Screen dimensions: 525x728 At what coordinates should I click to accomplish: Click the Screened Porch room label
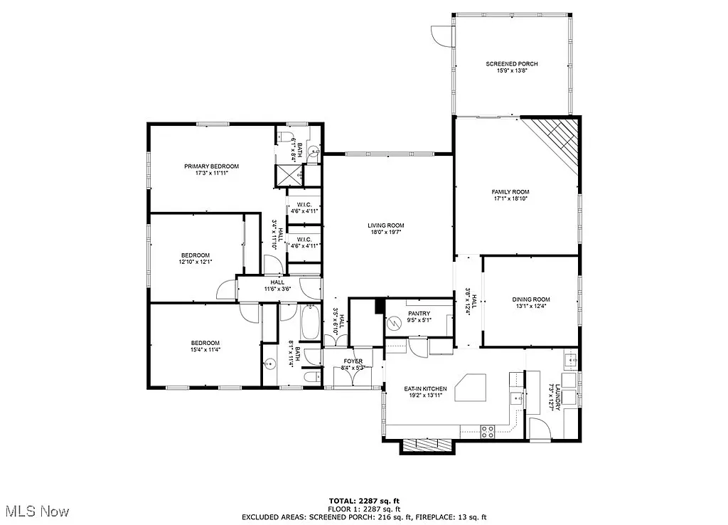pos(512,64)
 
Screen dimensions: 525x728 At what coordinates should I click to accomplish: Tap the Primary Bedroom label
pos(211,166)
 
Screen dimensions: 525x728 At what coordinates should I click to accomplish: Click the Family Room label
pos(510,192)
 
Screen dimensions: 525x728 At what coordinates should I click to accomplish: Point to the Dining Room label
pos(531,299)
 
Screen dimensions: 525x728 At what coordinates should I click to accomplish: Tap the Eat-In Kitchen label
pos(426,388)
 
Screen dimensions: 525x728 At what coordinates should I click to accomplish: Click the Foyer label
pos(353,361)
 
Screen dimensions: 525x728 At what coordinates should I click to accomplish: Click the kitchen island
pos(466,388)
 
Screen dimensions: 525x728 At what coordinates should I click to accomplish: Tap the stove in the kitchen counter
pos(488,430)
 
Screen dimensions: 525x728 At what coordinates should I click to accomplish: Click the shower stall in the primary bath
pos(288,174)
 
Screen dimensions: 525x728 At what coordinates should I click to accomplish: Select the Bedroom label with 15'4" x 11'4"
pos(205,343)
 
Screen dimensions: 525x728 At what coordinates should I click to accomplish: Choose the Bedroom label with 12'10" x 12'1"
pos(195,255)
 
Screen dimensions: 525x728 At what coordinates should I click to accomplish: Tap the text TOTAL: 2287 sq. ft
pos(364,500)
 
